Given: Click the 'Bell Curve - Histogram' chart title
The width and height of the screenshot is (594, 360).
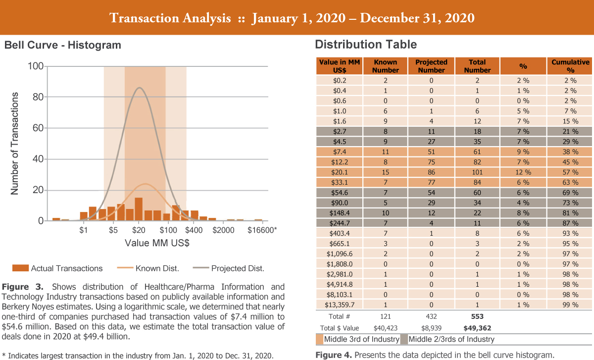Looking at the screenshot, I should click(x=63, y=46).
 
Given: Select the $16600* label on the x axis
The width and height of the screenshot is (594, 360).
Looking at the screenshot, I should click(x=261, y=231).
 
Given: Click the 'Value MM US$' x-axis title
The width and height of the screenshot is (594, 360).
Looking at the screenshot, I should click(x=157, y=244).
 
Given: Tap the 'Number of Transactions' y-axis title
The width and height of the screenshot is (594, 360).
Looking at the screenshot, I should click(x=15, y=144).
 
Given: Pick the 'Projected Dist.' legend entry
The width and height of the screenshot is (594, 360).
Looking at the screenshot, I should click(x=238, y=268).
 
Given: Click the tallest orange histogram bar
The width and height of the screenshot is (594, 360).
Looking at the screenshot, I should click(x=139, y=209).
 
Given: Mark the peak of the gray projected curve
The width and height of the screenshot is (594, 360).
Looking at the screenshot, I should click(x=140, y=88).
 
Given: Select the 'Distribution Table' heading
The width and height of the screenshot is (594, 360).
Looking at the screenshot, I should click(x=366, y=45).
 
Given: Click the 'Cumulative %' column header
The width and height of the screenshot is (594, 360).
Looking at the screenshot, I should click(x=570, y=66).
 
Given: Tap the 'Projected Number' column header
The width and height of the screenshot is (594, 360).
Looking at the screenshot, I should click(x=431, y=66).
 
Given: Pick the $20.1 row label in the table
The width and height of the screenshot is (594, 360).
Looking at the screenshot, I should click(x=340, y=172).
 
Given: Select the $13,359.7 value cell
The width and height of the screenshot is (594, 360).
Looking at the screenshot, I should click(x=340, y=305).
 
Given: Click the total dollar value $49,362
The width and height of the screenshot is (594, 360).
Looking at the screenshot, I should click(x=477, y=328).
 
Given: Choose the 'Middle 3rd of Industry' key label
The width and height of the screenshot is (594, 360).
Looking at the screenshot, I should click(x=361, y=339).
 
